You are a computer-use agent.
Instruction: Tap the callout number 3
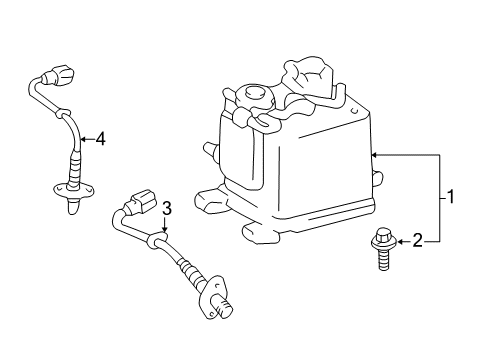point(167,208)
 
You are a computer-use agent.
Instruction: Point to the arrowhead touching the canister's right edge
point(373,155)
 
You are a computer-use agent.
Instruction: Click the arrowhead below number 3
point(166,228)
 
